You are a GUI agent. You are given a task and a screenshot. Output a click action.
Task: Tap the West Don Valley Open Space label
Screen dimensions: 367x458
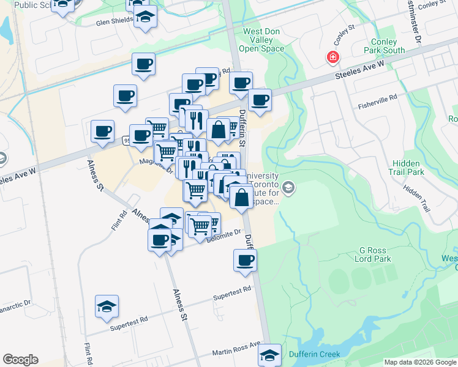264,40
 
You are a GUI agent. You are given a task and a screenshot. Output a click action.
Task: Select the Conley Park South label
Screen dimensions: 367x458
384,46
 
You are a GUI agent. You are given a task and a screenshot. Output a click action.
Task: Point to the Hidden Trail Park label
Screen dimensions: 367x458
406,168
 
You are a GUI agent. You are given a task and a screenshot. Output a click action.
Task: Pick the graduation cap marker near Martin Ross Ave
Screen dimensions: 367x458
269,354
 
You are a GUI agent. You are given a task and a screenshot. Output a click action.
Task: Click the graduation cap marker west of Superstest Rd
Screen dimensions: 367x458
107,306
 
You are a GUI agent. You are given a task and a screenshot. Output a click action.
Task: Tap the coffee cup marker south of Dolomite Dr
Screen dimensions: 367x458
245,261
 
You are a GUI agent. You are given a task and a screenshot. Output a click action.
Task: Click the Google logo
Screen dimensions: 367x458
20,360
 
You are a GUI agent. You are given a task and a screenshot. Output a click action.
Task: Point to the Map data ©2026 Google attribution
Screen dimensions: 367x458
419,362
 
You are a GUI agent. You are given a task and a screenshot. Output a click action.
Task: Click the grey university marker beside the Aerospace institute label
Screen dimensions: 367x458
289,188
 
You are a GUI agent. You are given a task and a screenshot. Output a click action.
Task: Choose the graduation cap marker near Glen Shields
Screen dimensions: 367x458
145,16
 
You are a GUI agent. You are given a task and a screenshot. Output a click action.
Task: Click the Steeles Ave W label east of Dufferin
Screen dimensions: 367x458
359,70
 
